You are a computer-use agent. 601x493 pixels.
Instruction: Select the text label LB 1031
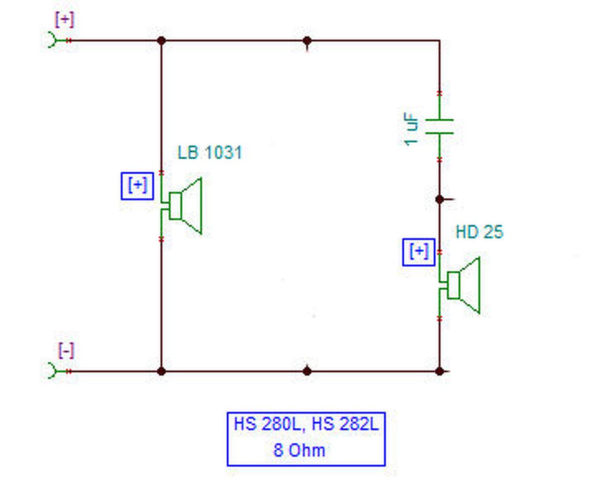[209, 153]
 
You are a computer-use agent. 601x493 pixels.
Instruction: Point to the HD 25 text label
[479, 232]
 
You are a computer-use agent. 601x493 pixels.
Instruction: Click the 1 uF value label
[411, 129]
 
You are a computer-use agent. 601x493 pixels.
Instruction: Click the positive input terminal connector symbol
[53, 40]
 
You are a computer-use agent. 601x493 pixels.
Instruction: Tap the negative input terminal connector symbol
[53, 371]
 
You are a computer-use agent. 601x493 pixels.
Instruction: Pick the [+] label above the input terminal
[64, 20]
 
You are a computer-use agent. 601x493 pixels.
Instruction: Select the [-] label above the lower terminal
[66, 350]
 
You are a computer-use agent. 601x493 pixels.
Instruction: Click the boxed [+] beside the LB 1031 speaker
[137, 186]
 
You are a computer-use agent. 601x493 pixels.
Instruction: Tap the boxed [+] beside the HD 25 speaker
[418, 252]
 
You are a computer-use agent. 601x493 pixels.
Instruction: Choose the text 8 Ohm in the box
[299, 450]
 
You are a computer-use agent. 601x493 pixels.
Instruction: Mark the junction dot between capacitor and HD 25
[439, 200]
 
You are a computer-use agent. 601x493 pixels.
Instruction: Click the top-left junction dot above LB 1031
[161, 41]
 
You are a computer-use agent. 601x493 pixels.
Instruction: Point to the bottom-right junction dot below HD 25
[439, 371]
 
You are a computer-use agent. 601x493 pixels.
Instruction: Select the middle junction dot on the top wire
[307, 41]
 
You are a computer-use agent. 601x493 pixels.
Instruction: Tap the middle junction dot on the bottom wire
[307, 371]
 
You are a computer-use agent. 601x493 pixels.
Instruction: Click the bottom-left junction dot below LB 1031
[161, 371]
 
